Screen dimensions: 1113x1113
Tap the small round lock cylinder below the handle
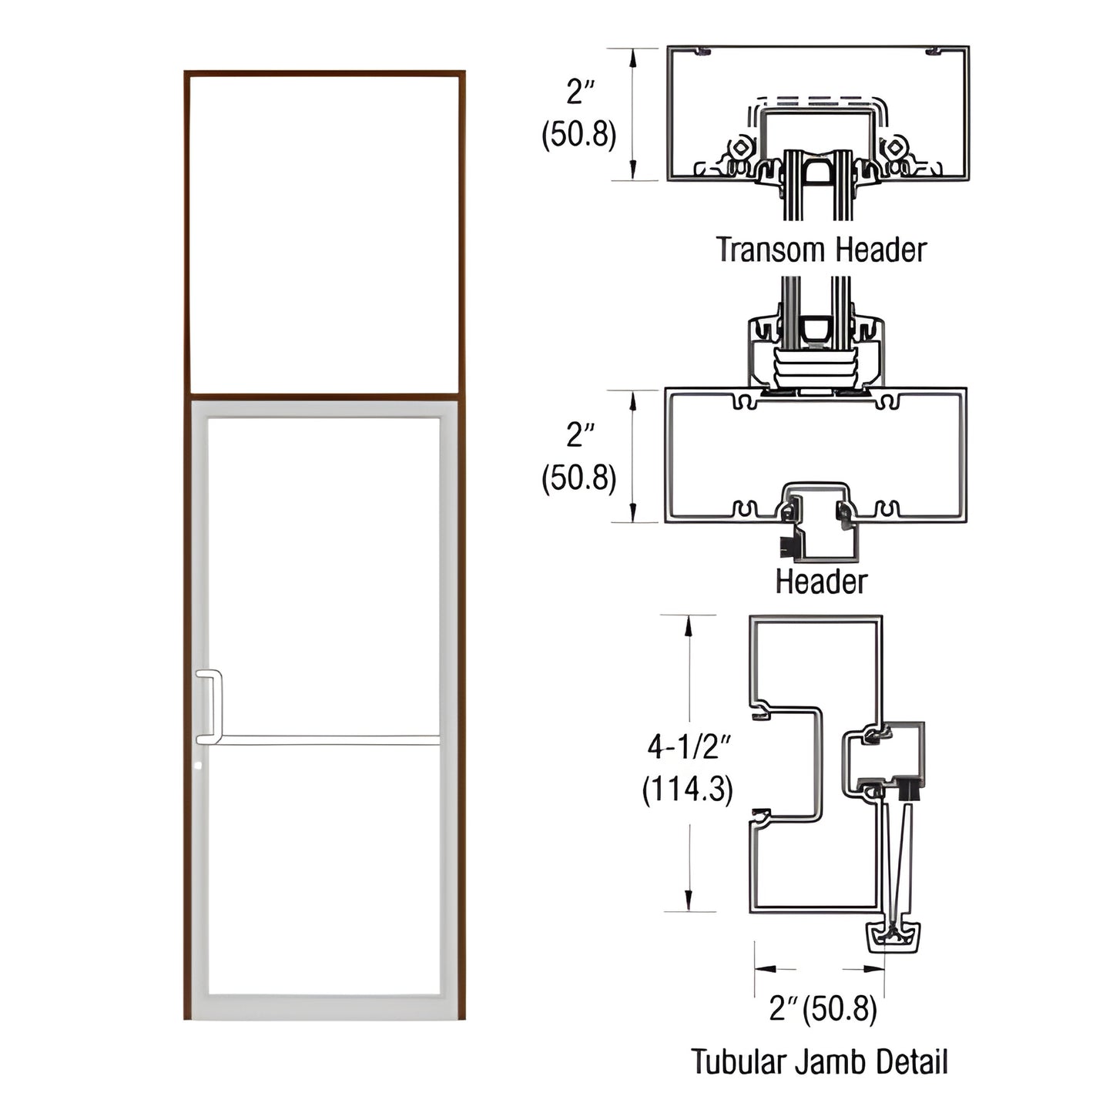coord(199,766)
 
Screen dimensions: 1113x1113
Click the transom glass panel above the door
coord(324,233)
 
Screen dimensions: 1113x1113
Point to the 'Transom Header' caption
coord(820,250)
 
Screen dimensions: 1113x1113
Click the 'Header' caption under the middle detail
coord(820,582)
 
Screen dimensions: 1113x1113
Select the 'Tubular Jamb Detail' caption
coord(819,1061)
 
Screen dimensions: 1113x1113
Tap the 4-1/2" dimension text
coord(688,746)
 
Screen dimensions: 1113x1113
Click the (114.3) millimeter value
coord(687,789)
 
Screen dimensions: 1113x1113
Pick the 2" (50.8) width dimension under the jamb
coord(822,1009)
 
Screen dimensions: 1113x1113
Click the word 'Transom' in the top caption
coord(771,250)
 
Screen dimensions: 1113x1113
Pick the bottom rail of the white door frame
coord(324,1006)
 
